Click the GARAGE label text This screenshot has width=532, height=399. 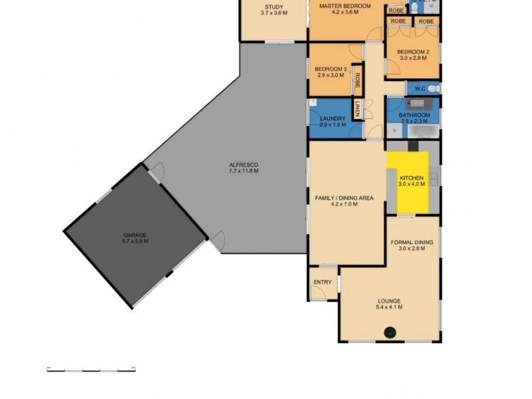[x=135, y=235]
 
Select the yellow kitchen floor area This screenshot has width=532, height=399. [x=409, y=182]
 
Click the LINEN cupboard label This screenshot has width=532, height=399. [x=357, y=108]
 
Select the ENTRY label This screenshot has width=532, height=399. [x=322, y=283]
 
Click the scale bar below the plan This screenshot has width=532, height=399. [x=91, y=368]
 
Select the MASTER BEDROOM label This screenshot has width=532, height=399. [x=344, y=7]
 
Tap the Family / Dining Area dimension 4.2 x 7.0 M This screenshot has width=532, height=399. [x=344, y=205]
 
